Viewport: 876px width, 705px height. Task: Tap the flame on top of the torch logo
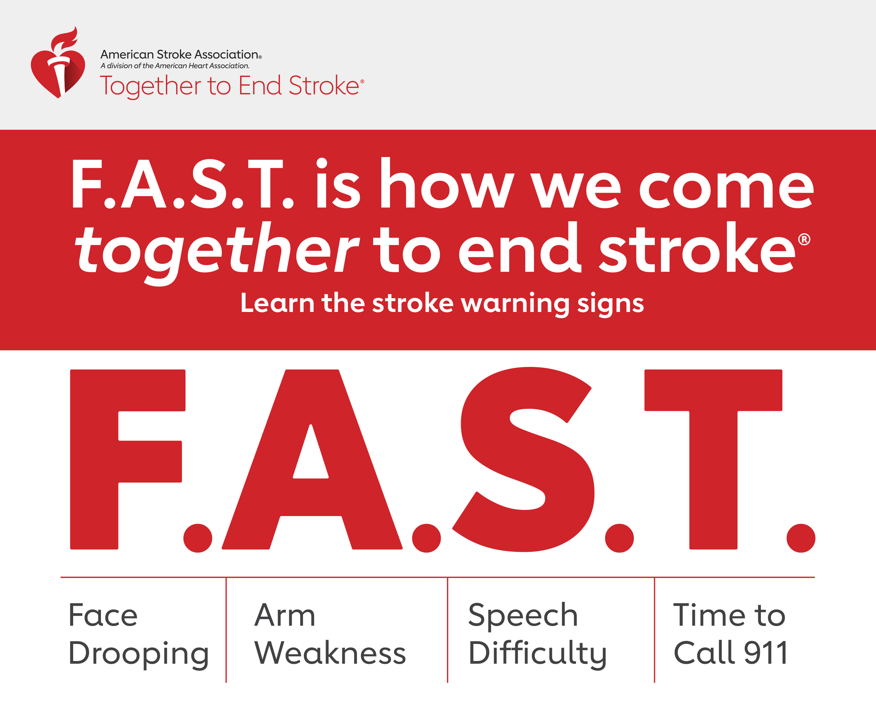tap(64, 40)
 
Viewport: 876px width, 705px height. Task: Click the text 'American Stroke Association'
tap(179, 54)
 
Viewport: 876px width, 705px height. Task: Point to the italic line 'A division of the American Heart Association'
tap(175, 66)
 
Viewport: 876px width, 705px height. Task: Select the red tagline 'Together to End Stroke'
tap(229, 86)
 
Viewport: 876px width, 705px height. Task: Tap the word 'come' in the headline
tap(727, 189)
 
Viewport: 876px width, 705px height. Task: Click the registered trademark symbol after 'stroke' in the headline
tap(804, 239)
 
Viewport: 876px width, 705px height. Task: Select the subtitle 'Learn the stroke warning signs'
tap(442, 304)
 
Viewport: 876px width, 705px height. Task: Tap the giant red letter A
tap(312, 459)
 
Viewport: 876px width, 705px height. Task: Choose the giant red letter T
tap(713, 459)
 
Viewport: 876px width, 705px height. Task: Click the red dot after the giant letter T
tap(801, 538)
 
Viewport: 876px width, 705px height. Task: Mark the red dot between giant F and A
tap(198, 538)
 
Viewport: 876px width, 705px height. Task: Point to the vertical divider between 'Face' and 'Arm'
tap(226, 630)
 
